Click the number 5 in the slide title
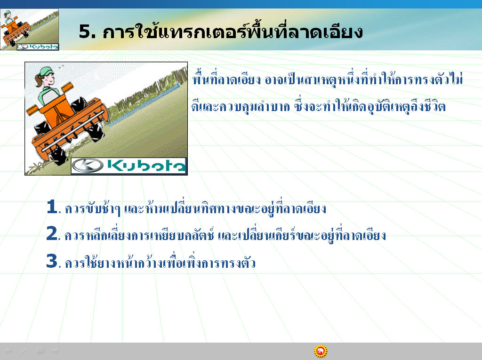click(85, 32)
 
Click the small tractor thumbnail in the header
click(30, 30)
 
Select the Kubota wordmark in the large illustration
click(146, 166)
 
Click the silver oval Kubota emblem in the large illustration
click(88, 166)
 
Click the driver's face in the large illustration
click(49, 80)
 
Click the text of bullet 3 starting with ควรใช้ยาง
click(160, 262)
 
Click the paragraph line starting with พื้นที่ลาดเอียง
click(328, 79)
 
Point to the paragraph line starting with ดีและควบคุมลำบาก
click(319, 105)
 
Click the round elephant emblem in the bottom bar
click(321, 351)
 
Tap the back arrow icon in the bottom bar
click(8, 350)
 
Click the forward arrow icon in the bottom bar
click(56, 350)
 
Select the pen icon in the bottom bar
click(24, 351)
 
